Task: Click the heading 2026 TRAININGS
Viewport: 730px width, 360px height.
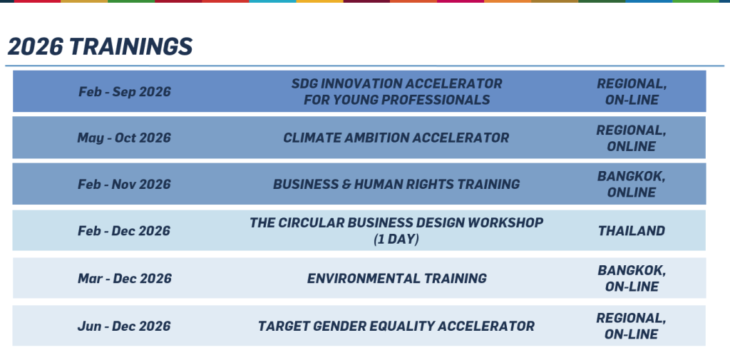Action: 100,46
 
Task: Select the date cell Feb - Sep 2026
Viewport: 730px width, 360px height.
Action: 124,92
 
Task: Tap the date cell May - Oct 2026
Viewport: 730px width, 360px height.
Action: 124,138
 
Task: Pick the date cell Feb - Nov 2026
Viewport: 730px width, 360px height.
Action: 124,185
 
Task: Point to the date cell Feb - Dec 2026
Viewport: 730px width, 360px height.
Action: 124,231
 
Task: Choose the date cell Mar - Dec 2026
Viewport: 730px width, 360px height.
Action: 124,279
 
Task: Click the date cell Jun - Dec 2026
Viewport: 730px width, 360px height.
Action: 124,326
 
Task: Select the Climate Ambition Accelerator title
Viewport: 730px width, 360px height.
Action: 396,138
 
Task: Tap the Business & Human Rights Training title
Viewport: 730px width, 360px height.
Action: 396,185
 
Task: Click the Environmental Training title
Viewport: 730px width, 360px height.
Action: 396,279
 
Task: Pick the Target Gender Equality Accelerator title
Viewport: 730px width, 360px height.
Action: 396,326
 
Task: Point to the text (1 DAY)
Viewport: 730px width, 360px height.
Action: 396,240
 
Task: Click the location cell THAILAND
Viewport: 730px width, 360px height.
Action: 632,231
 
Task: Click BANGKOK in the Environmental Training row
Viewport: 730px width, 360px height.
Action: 632,271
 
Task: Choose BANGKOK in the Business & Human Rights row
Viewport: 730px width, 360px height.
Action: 632,177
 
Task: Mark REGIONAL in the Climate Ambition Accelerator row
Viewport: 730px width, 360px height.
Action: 632,130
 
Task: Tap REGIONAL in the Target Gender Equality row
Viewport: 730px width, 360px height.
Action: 632,318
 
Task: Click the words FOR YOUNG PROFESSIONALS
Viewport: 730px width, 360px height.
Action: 396,100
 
